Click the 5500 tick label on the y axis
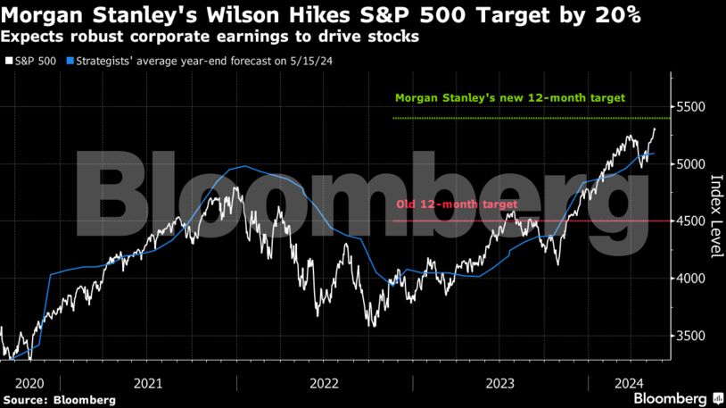(x=692, y=107)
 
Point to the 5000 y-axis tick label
(x=692, y=164)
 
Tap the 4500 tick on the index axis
(x=692, y=221)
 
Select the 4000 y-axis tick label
(x=692, y=279)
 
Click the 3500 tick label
(x=692, y=336)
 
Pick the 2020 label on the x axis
(x=17, y=382)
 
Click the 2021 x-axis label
(x=148, y=382)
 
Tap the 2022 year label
(x=325, y=382)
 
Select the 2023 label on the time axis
(x=500, y=382)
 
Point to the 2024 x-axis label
(x=630, y=382)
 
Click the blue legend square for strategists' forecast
(x=70, y=62)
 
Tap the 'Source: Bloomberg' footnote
(x=59, y=399)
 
